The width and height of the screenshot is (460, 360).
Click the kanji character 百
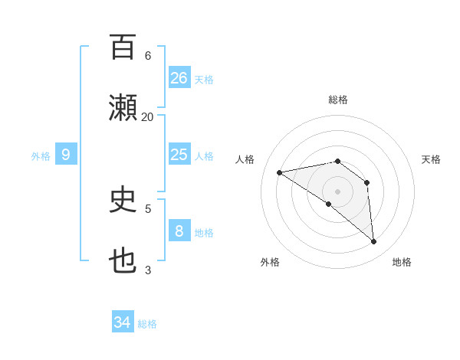click(x=123, y=47)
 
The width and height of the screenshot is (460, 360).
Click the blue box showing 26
click(x=179, y=77)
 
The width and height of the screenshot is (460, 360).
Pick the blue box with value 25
click(x=179, y=155)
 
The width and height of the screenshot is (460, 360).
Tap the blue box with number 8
click(x=179, y=231)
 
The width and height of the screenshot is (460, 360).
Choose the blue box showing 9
click(x=66, y=155)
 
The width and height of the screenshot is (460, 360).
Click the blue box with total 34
click(x=123, y=322)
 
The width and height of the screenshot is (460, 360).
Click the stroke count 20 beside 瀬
click(x=147, y=116)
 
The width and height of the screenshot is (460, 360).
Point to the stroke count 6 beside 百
click(x=147, y=55)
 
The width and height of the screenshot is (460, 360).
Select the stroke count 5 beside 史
click(x=147, y=208)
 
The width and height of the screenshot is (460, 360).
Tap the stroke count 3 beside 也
click(x=147, y=270)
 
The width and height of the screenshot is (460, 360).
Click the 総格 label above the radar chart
click(x=338, y=100)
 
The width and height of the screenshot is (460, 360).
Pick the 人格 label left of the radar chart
click(x=246, y=159)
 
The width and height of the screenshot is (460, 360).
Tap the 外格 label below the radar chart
click(x=269, y=262)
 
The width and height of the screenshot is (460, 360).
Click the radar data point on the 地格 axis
click(x=373, y=241)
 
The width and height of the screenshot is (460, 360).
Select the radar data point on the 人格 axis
click(x=280, y=172)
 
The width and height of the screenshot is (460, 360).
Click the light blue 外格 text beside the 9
click(x=41, y=155)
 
